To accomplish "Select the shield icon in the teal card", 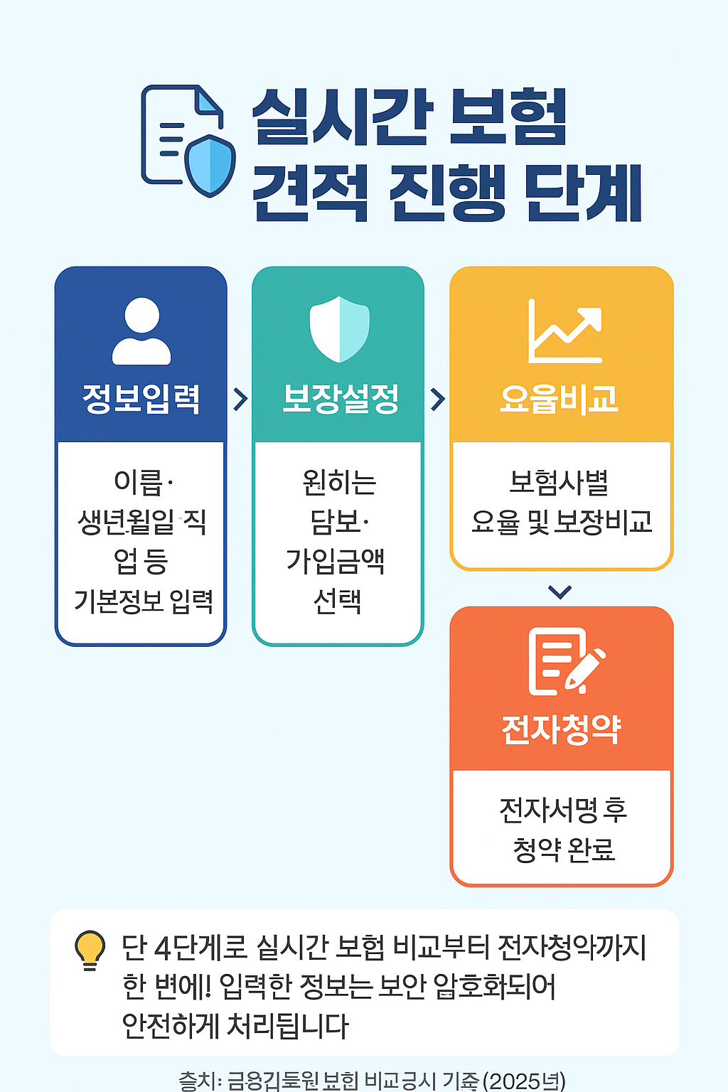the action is pyautogui.click(x=339, y=329).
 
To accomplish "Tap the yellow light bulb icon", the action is pyautogui.click(x=90, y=950).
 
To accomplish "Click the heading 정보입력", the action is pyautogui.click(x=141, y=399).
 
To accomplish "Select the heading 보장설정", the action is pyautogui.click(x=341, y=399).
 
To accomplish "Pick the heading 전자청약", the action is pyautogui.click(x=562, y=729).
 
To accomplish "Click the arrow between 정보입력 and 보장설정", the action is pyautogui.click(x=240, y=399).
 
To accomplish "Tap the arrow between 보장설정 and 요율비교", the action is pyautogui.click(x=438, y=399).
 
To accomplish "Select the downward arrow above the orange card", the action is pyautogui.click(x=560, y=591).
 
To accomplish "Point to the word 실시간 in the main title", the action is pyautogui.click(x=343, y=117).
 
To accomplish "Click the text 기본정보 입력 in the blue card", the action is pyautogui.click(x=144, y=601).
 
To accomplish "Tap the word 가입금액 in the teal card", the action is pyautogui.click(x=336, y=562).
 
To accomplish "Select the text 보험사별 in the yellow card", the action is pyautogui.click(x=559, y=483).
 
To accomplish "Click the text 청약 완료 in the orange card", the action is pyautogui.click(x=563, y=849).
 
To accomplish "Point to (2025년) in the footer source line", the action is pyautogui.click(x=525, y=1081).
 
